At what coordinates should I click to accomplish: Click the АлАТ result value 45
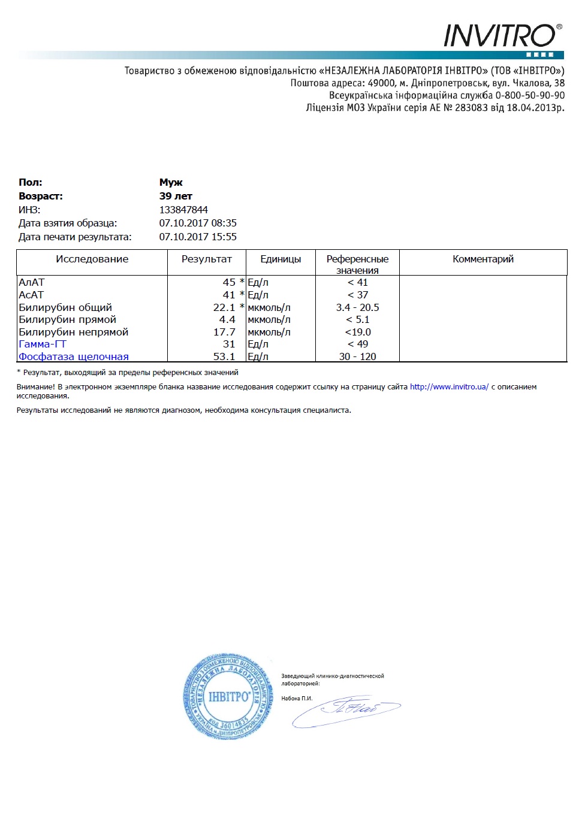[229, 282]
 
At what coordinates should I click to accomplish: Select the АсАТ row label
[31, 295]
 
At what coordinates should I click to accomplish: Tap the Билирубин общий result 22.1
[224, 307]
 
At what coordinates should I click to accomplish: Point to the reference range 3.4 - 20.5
[357, 307]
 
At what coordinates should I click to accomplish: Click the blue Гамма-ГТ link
[43, 344]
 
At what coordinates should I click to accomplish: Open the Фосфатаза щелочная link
[74, 356]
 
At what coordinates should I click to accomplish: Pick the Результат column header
[206, 259]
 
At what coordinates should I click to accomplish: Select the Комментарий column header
[483, 259]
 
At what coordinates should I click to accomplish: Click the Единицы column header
[281, 259]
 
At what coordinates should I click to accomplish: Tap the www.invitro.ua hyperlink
[449, 387]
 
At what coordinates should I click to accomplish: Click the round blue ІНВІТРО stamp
[228, 696]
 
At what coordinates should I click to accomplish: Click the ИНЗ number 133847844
[183, 210]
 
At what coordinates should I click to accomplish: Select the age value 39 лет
[176, 196]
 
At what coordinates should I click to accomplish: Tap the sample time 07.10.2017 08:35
[198, 223]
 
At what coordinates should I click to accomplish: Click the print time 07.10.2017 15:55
[198, 237]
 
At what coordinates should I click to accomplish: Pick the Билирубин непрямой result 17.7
[224, 332]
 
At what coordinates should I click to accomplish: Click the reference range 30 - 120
[357, 356]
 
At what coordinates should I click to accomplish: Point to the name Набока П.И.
[297, 698]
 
